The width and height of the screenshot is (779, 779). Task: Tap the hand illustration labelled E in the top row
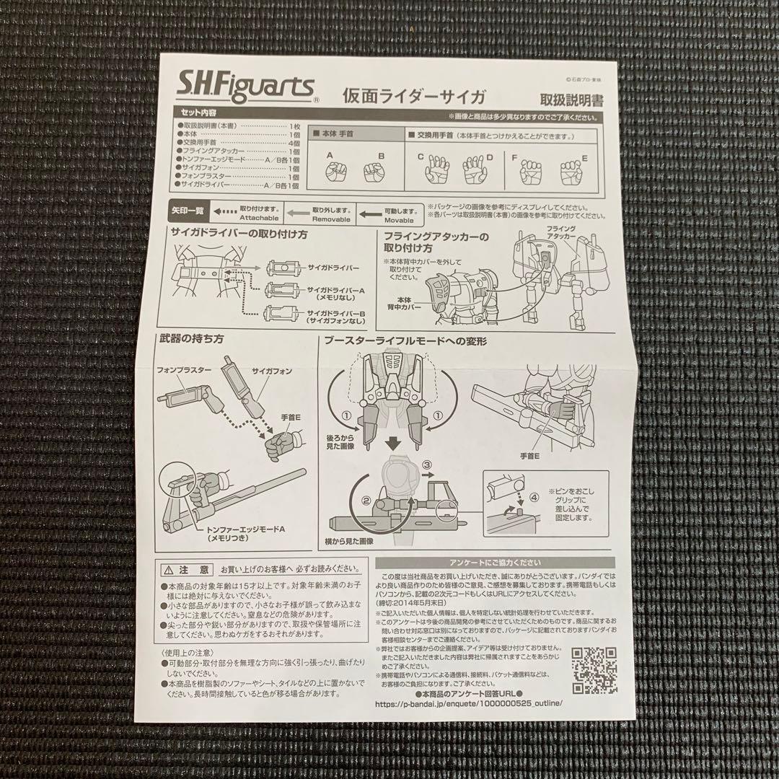[572, 171]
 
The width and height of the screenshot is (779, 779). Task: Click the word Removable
[332, 218]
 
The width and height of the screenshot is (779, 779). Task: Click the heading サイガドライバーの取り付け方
[239, 234]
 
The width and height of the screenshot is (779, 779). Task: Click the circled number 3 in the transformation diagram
[426, 465]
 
